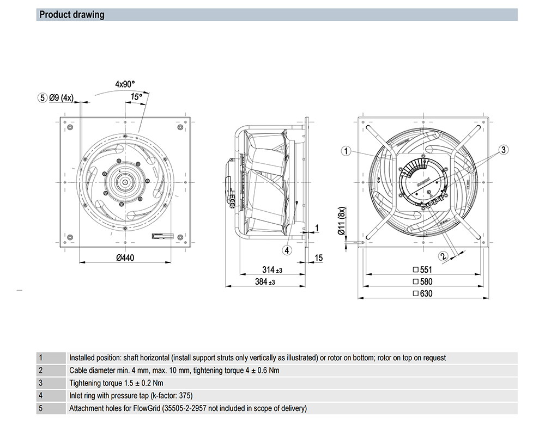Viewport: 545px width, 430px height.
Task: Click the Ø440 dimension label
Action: pos(125,258)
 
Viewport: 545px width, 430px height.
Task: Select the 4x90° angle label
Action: pos(125,84)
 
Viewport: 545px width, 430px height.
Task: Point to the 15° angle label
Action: pos(136,96)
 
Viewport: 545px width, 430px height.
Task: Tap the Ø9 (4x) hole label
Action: pos(61,98)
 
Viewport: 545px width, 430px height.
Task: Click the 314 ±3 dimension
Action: pos(272,270)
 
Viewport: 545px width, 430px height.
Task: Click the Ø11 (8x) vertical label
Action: pos(342,222)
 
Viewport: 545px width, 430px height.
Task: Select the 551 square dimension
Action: pos(422,269)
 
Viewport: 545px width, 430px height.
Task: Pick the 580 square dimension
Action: pos(422,281)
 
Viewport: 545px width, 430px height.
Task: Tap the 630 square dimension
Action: pos(422,293)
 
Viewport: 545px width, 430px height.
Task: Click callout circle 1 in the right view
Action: pos(346,151)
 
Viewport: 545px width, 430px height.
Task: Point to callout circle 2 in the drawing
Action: pos(444,255)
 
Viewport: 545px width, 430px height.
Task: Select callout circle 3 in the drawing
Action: pos(504,149)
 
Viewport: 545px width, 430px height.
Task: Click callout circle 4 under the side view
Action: pos(287,250)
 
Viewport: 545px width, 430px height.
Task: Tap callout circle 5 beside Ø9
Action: pos(43,98)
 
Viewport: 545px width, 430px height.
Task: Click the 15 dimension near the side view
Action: pos(319,257)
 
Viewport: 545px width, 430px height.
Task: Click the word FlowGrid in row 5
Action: pos(142,408)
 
